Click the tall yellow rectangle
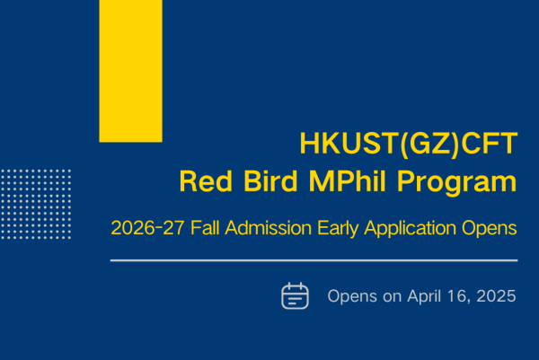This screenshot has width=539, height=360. point(130,71)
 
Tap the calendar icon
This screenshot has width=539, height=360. point(295,295)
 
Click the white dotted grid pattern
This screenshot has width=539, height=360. point(36,204)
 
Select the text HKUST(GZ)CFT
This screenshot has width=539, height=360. point(409,144)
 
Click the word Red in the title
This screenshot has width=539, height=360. point(206,181)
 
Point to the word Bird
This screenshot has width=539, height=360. point(270,181)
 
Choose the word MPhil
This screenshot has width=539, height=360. point(348,180)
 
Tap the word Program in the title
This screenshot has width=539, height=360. point(457,183)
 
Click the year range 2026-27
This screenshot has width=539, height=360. point(148,228)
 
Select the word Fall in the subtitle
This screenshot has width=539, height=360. point(205,227)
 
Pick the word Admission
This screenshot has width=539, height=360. point(268,227)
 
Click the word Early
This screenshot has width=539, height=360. point(338,229)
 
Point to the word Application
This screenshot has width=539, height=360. point(411,229)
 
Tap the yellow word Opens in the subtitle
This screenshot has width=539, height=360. point(490,229)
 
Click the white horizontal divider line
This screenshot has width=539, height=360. point(314,260)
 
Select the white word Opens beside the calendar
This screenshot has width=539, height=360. point(352,297)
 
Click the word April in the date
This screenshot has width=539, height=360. point(424,297)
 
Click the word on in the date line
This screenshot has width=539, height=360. point(393,297)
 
